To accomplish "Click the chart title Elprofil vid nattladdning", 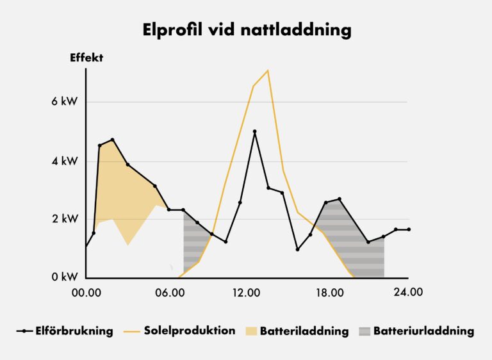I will (246, 29).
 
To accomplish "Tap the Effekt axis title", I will (86, 58).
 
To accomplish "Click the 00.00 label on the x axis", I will (86, 293).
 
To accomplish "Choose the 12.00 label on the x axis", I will (247, 293).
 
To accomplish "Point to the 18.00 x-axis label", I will (327, 293).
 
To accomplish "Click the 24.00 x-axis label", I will (408, 293).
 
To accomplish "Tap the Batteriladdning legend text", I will (304, 331).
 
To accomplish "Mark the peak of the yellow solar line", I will (268, 70).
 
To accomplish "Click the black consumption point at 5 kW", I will (255, 131).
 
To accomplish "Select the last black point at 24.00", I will (409, 229).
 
